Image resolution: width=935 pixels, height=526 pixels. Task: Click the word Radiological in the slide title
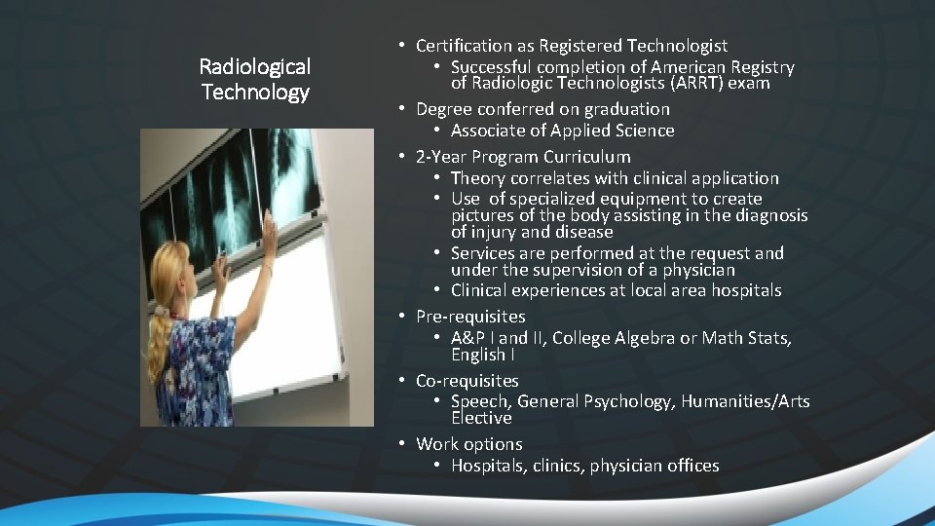[x=254, y=66]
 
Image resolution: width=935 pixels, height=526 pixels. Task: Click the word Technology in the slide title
[x=254, y=92]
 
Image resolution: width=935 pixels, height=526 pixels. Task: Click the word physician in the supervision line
[x=699, y=270]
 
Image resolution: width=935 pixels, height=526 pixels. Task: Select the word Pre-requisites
[x=470, y=316]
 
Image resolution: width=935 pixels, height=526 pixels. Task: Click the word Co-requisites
[x=467, y=380]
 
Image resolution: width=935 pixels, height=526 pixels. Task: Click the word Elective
[x=481, y=418]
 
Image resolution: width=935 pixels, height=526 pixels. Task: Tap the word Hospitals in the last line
[x=490, y=466]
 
